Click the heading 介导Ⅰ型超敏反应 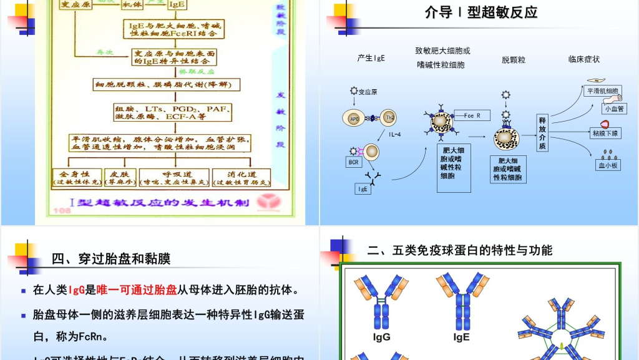[x=480, y=12]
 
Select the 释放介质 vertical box [x=542, y=133]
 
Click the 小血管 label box [x=614, y=108]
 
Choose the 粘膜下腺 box [x=606, y=134]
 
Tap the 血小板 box [x=608, y=165]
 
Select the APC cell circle [x=354, y=118]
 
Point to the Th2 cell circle [x=389, y=118]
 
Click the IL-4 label [x=395, y=134]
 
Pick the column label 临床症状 [x=583, y=59]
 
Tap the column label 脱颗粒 [x=514, y=60]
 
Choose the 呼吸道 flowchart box [x=174, y=177]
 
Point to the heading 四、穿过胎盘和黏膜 [x=111, y=259]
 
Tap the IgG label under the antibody [x=381, y=338]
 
